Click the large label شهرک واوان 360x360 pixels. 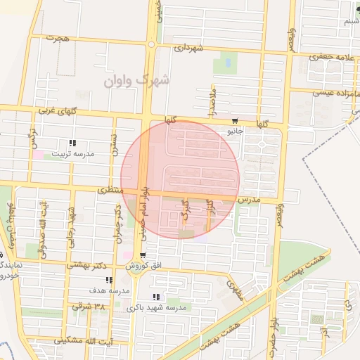click(x=137, y=81)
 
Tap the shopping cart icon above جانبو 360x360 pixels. click(x=235, y=121)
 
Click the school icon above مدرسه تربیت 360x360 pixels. click(x=72, y=143)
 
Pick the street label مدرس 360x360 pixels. click(x=249, y=200)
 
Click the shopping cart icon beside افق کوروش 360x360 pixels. click(x=143, y=255)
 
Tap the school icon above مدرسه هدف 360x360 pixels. click(x=108, y=280)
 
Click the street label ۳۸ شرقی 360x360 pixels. click(x=89, y=307)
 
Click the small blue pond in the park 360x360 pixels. click(x=227, y=63)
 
